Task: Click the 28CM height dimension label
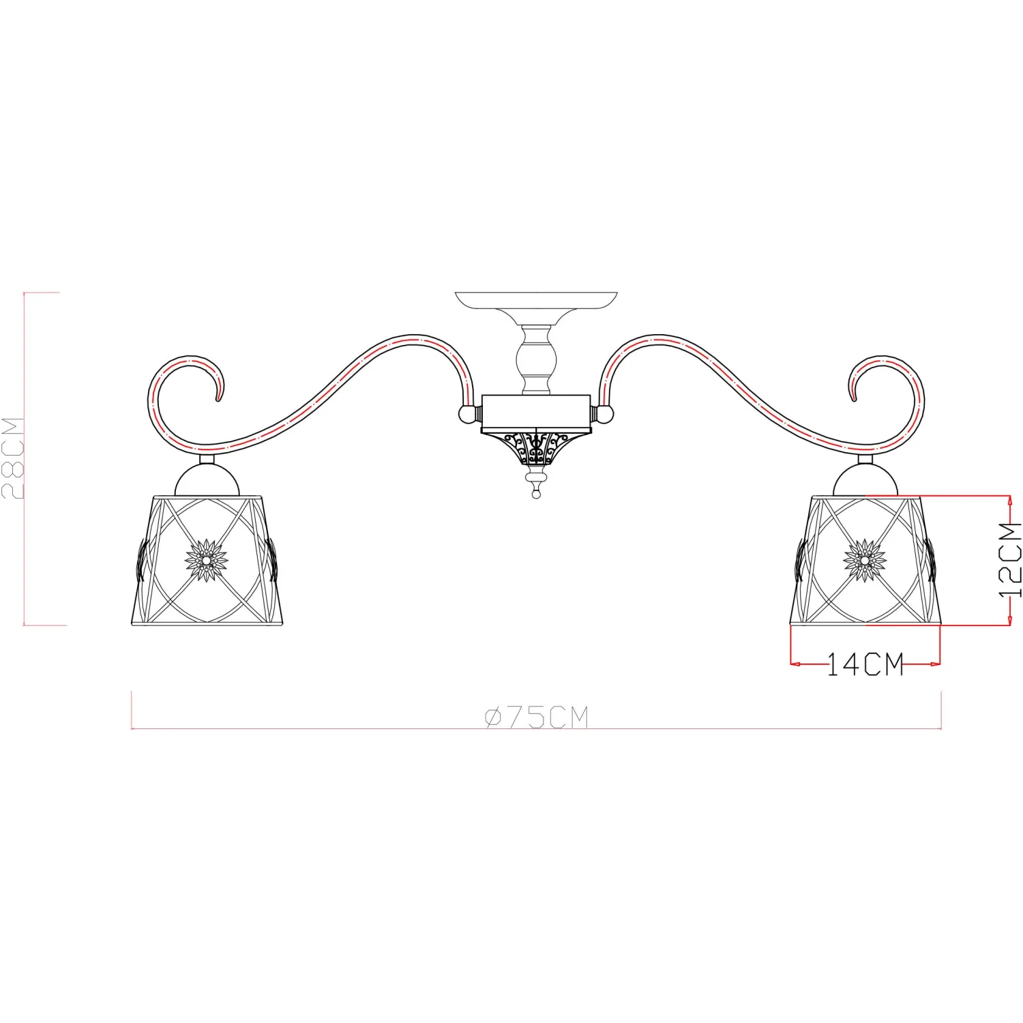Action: click(14, 458)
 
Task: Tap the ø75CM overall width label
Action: click(536, 717)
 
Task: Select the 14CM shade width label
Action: click(865, 664)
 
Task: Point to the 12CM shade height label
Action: click(1011, 560)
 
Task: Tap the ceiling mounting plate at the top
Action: click(536, 300)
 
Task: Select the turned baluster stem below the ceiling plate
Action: click(537, 359)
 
